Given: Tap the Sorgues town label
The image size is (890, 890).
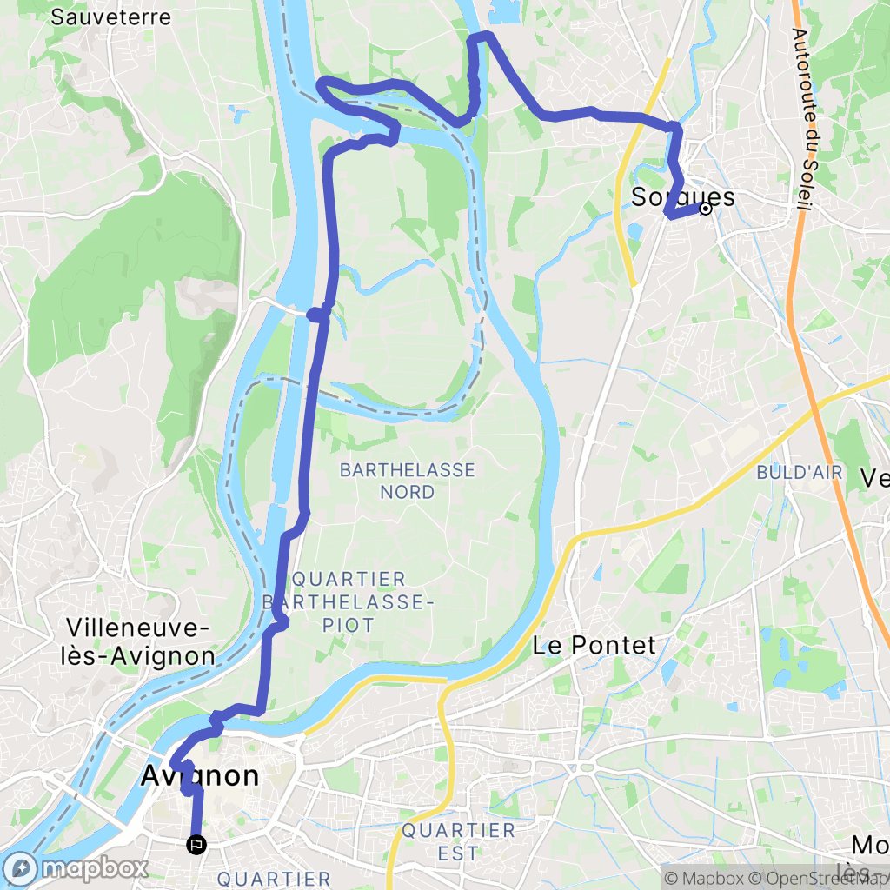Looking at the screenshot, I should [x=682, y=197].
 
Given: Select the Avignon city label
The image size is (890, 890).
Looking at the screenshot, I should [x=200, y=775].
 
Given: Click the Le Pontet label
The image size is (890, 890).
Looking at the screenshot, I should [x=594, y=645].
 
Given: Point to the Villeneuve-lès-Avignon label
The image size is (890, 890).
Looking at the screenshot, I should [x=141, y=642].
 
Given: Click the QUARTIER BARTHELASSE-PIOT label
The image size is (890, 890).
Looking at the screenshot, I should [x=348, y=601].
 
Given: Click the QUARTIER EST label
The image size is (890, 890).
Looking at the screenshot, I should [x=458, y=841].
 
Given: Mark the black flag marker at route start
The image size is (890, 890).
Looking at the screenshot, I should [x=197, y=843].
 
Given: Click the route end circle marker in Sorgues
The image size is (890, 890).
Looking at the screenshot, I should [x=706, y=209].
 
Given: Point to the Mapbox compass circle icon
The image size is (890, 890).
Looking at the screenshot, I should [x=20, y=868].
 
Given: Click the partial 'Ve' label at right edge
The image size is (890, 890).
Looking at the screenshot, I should [x=873, y=477].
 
